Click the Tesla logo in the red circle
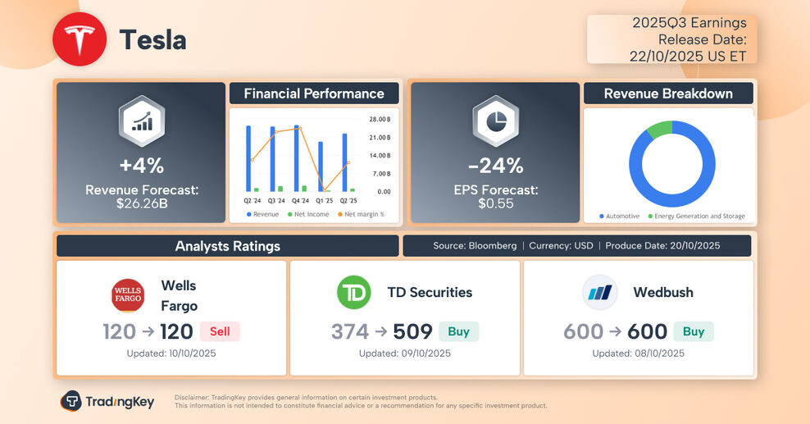[80, 39]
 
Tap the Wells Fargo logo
[128, 296]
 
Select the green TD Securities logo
[354, 293]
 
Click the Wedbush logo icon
[600, 293]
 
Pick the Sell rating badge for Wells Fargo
[220, 331]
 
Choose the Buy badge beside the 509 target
[458, 331]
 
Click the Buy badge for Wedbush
[694, 331]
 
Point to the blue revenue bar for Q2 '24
[248, 158]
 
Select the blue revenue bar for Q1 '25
[321, 166]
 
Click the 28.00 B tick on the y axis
[380, 119]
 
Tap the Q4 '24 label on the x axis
[300, 201]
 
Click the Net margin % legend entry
[361, 215]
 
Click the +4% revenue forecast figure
[142, 166]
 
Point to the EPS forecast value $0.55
[496, 203]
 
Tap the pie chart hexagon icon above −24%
[496, 121]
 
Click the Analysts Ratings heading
[227, 246]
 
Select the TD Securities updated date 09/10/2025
[404, 353]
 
